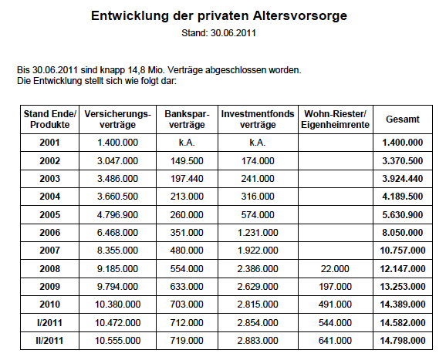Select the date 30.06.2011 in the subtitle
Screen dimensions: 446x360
point(233,33)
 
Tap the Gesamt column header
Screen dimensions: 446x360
point(403,119)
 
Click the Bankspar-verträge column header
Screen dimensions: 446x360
point(187,119)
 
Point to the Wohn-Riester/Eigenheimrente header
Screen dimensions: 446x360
point(335,119)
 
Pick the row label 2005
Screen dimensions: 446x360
point(50,215)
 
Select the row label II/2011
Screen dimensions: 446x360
point(49,341)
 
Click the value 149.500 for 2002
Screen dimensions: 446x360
point(187,161)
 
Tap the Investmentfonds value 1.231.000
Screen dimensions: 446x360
point(258,233)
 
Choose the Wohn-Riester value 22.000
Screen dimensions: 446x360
point(335,269)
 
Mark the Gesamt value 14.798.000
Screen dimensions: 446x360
point(403,341)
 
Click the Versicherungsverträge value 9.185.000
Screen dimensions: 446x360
point(117,269)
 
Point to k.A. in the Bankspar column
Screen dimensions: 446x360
point(187,143)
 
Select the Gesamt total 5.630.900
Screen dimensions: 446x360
point(403,215)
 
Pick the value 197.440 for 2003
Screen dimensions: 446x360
point(187,178)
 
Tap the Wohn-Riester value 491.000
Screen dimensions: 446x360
point(335,304)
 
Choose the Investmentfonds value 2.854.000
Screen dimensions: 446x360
point(258,323)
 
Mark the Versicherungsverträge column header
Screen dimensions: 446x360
point(117,119)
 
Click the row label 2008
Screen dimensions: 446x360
point(50,269)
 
